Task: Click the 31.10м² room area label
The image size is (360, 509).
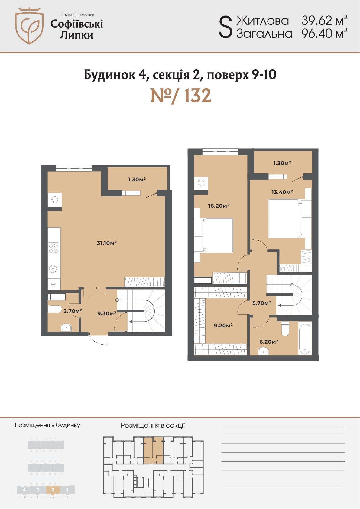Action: (107, 243)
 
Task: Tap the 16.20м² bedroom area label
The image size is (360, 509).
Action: (219, 206)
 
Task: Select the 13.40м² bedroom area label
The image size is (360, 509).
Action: (282, 192)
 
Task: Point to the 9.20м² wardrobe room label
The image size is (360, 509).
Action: (223, 326)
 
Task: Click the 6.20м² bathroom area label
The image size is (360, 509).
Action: (269, 342)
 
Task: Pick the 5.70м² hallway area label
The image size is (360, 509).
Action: (261, 303)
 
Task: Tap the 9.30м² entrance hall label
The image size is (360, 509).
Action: (107, 313)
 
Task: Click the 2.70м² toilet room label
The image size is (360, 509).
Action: (73, 311)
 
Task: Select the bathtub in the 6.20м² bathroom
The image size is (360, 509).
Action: (305, 339)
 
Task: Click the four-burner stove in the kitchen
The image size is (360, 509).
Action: (53, 248)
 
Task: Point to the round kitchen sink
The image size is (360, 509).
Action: (53, 269)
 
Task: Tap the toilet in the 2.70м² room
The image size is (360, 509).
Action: (55, 309)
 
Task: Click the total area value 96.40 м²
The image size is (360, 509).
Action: (324, 34)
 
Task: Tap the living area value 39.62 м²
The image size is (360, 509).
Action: (324, 20)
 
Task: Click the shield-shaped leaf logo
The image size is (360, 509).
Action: (29, 26)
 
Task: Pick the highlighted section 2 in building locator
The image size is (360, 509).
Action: (53, 490)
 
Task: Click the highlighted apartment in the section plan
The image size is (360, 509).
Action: (153, 450)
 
